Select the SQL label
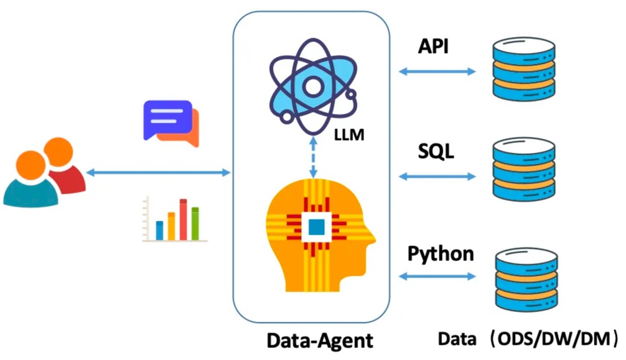[436, 152]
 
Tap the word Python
[441, 254]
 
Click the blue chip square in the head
[317, 227]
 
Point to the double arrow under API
[437, 71]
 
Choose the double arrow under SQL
[437, 175]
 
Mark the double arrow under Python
[437, 277]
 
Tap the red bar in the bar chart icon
[183, 220]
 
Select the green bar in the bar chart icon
[195, 224]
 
